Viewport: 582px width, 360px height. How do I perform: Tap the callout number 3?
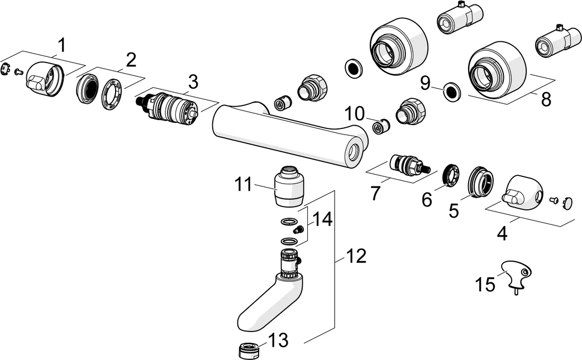[x=193, y=81]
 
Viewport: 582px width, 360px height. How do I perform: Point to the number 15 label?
[x=485, y=284]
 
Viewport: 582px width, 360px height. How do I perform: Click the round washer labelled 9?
[x=452, y=91]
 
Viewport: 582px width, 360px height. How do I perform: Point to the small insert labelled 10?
[x=380, y=127]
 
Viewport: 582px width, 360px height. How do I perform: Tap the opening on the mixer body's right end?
[x=353, y=152]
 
